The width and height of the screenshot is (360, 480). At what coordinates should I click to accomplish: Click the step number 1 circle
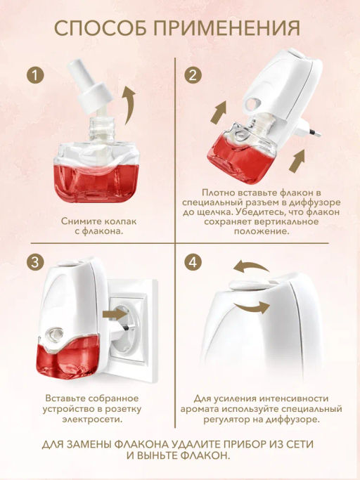[x=35, y=75]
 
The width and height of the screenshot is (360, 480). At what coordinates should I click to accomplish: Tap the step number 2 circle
[x=193, y=75]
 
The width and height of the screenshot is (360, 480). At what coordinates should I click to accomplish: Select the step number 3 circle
[x=35, y=262]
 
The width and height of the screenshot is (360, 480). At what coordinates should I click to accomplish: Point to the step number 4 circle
[x=193, y=262]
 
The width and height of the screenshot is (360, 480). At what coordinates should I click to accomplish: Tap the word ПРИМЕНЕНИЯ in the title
[x=226, y=28]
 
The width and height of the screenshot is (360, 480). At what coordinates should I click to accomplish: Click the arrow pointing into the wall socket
[x=115, y=314]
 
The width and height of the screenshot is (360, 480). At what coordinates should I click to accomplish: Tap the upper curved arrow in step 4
[x=250, y=267]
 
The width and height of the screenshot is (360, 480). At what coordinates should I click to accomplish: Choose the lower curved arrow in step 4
[x=252, y=307]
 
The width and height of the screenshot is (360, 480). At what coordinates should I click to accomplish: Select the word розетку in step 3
[x=123, y=409]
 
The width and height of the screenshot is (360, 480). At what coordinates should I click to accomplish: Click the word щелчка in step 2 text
[x=211, y=213]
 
